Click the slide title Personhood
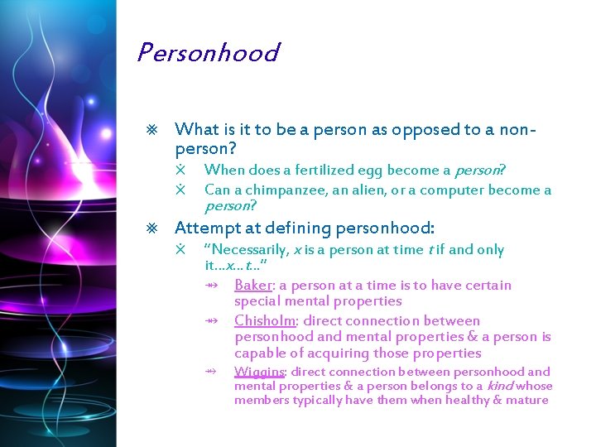pyautogui.click(x=208, y=53)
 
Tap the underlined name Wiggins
pyautogui.click(x=259, y=372)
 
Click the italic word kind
pyautogui.click(x=501, y=387)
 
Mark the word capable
pyautogui.click(x=259, y=353)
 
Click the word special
pyautogui.click(x=258, y=302)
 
